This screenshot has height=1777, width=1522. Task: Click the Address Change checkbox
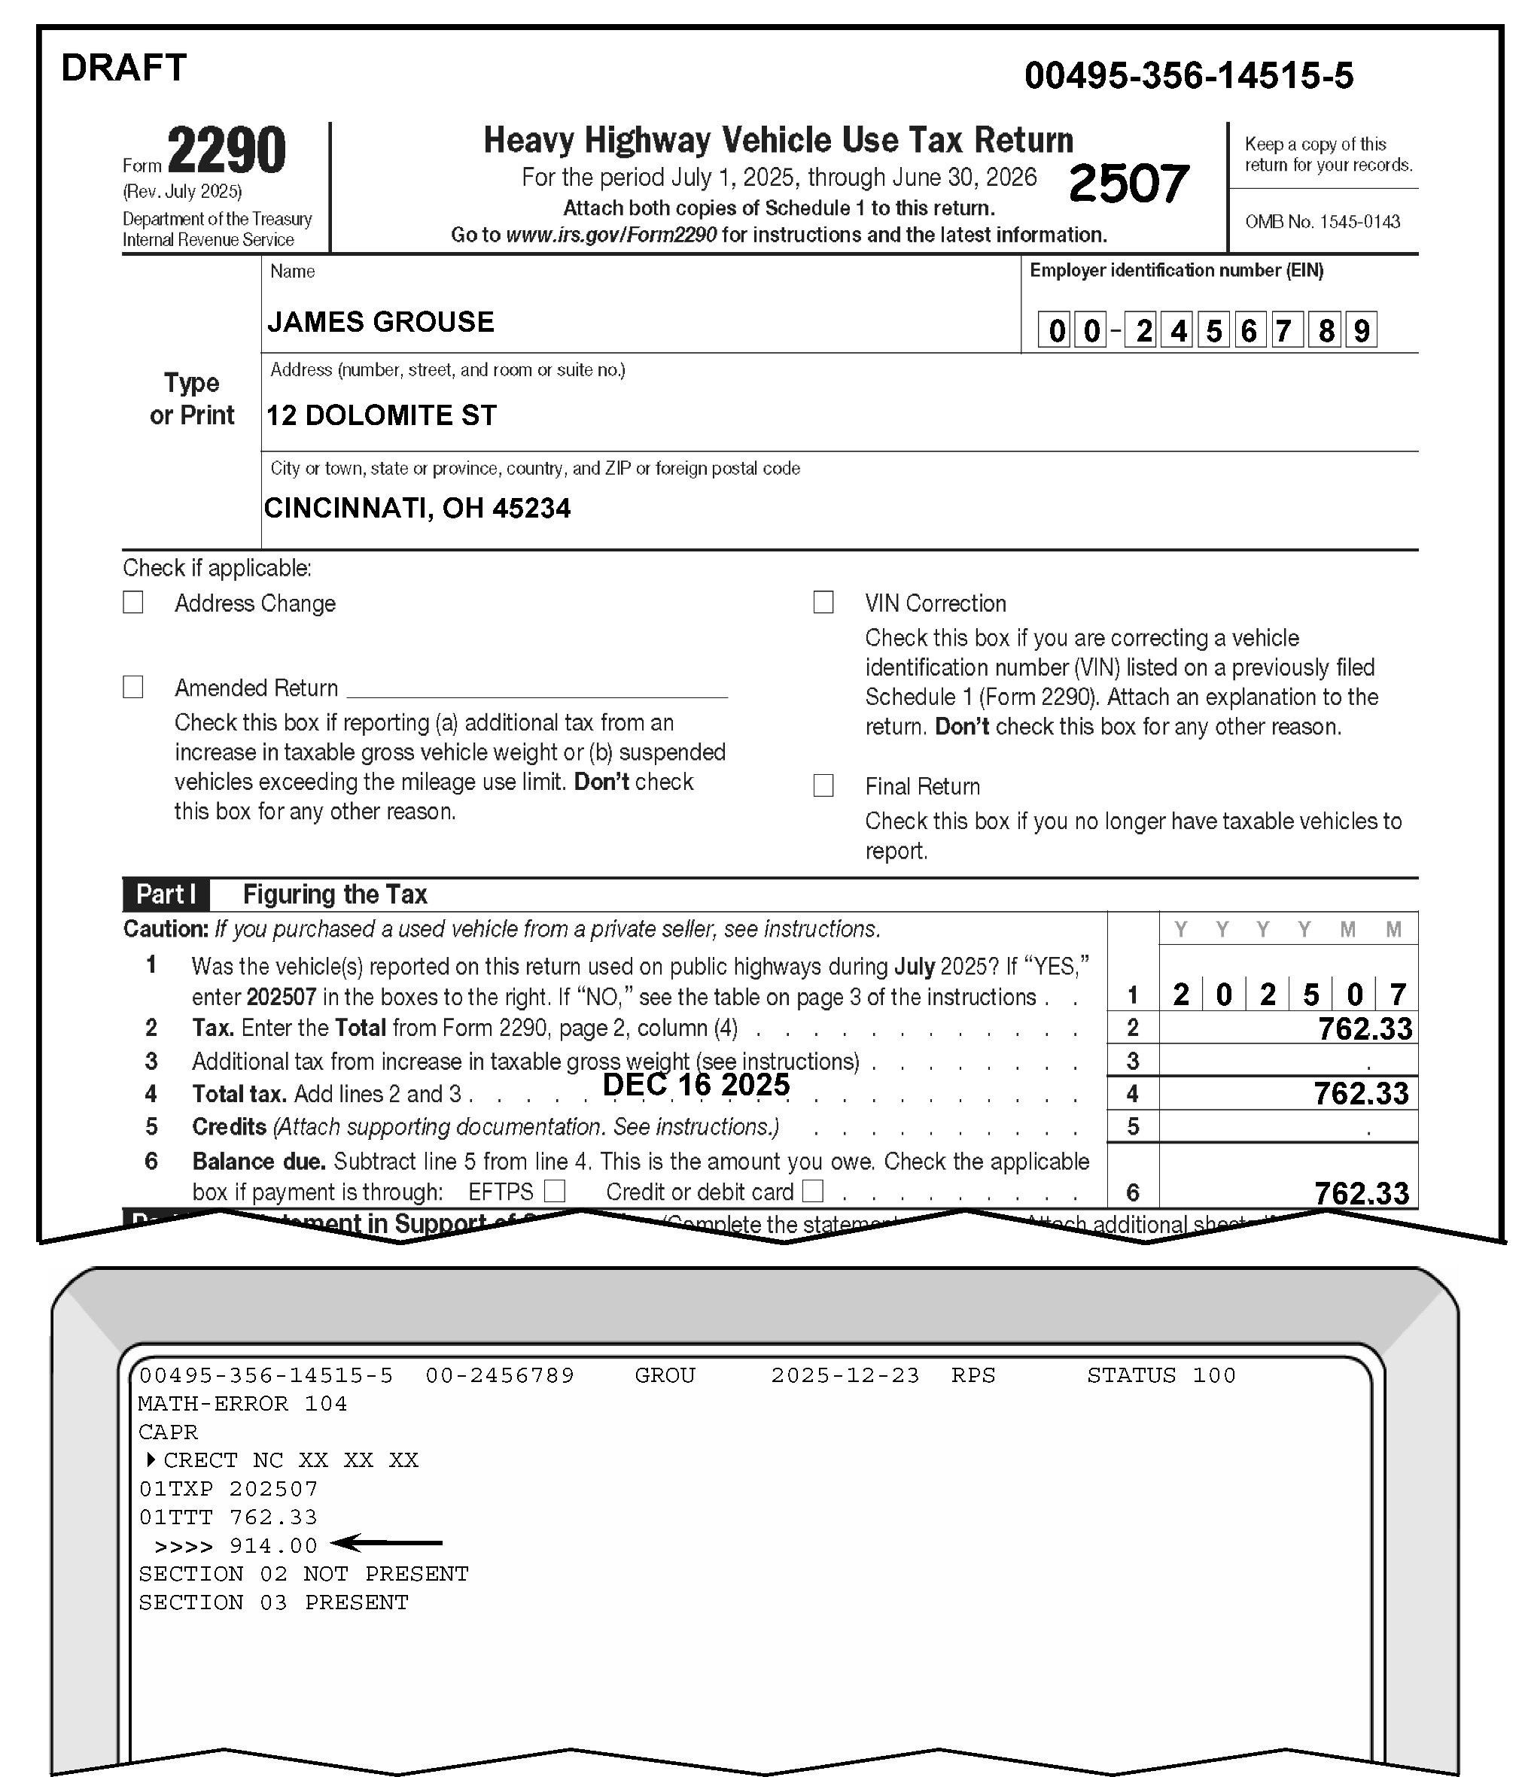(x=133, y=603)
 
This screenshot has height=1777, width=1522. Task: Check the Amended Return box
(x=133, y=687)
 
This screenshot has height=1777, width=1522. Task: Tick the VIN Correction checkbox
(x=823, y=602)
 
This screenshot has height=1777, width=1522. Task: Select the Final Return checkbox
(x=823, y=785)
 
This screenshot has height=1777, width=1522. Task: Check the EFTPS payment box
(x=555, y=1190)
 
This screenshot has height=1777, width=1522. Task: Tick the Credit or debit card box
(x=812, y=1190)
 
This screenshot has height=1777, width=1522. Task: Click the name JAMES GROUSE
(x=380, y=323)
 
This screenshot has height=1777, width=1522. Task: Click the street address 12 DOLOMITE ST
(x=381, y=416)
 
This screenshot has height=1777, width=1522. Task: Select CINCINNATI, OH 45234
(x=417, y=509)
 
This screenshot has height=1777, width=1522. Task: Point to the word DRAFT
(x=123, y=68)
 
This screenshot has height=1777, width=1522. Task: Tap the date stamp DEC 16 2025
(x=696, y=1085)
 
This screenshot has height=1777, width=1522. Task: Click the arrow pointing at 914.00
(x=386, y=1543)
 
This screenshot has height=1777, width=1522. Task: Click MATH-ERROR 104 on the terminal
(x=243, y=1404)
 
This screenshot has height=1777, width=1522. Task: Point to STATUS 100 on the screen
(x=1161, y=1375)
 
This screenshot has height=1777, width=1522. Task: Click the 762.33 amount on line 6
(x=1361, y=1193)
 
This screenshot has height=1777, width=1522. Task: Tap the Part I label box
(x=166, y=895)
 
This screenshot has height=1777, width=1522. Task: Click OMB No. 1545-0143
(x=1322, y=222)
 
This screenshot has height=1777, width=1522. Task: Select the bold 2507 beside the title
(x=1128, y=184)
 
